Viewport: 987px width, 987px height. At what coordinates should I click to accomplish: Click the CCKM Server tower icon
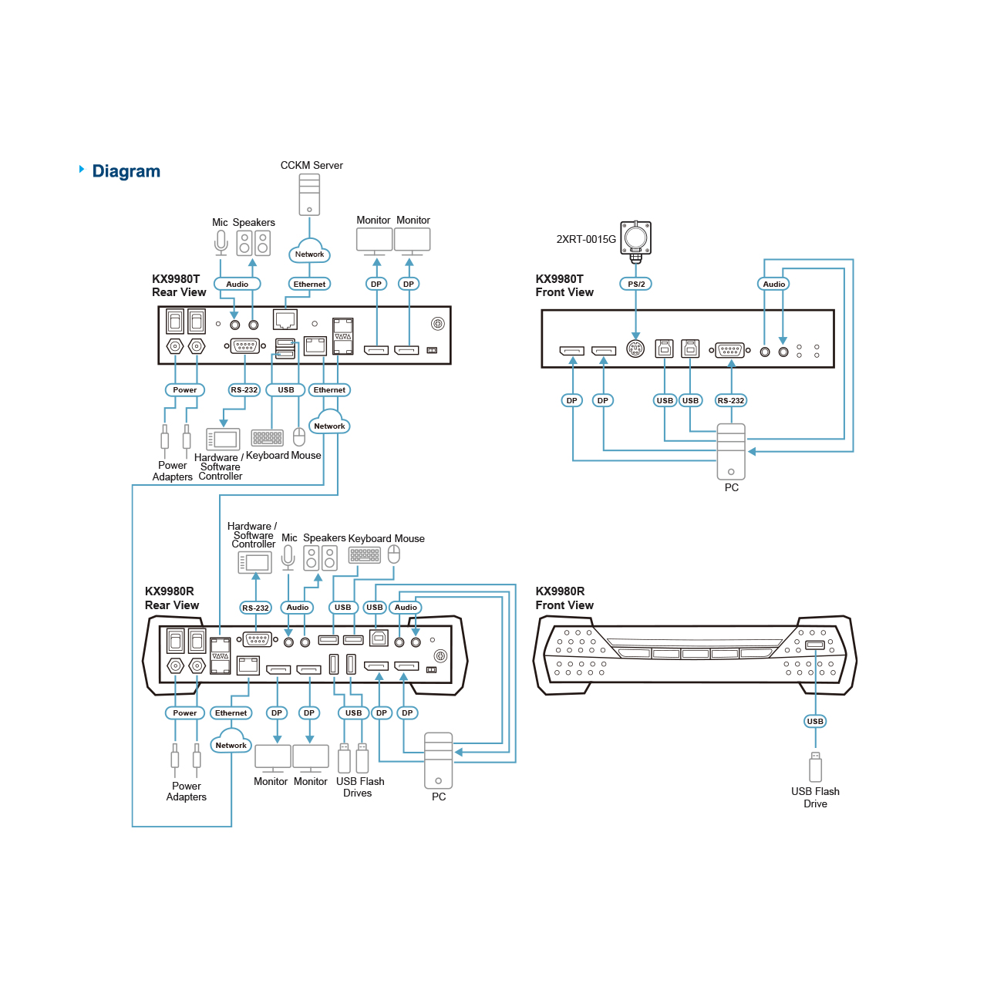[x=309, y=194]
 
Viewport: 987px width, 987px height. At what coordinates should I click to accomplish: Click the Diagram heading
[x=126, y=171]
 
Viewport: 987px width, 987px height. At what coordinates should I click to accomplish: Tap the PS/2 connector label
[x=636, y=284]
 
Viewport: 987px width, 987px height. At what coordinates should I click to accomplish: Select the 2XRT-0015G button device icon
[x=636, y=237]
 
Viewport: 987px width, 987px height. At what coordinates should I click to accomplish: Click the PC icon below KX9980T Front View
[x=731, y=452]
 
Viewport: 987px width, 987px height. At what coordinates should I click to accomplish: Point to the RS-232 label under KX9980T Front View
[x=731, y=400]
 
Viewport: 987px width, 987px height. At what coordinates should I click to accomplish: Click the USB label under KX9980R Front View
[x=815, y=721]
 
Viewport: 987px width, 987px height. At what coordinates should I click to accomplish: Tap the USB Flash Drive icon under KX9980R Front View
[x=815, y=767]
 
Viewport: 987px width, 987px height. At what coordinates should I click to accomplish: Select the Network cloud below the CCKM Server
[x=309, y=252]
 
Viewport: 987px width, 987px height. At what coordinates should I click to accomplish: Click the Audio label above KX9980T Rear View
[x=237, y=284]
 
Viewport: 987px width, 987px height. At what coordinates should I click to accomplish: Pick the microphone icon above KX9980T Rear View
[x=221, y=242]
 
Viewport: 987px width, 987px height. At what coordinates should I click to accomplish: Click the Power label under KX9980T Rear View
[x=185, y=389]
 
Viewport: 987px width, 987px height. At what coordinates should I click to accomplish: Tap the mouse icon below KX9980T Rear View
[x=299, y=437]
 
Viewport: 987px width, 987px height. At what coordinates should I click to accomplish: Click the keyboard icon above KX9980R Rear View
[x=365, y=554]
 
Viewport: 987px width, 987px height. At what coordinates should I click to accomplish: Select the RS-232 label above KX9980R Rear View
[x=256, y=608]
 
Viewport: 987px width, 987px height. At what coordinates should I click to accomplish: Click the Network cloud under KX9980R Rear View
[x=231, y=743]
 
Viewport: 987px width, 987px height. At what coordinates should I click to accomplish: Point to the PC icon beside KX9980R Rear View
[x=439, y=760]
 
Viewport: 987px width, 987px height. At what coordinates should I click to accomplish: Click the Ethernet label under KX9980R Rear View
[x=231, y=712]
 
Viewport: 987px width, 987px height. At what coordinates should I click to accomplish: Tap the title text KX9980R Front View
[x=564, y=598]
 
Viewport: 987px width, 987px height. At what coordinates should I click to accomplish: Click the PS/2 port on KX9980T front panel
[x=635, y=349]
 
